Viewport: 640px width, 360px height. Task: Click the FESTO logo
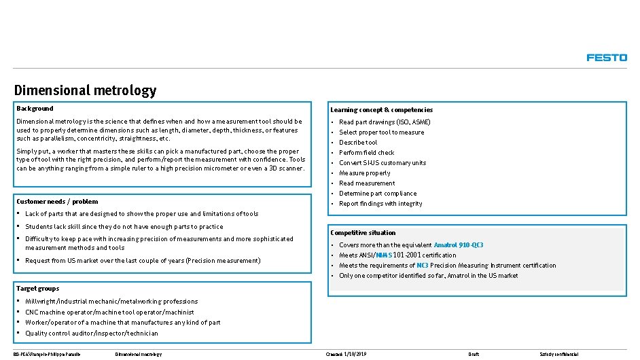pos(607,58)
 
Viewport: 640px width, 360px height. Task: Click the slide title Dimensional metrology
pos(85,90)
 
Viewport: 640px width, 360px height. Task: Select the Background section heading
pos(35,109)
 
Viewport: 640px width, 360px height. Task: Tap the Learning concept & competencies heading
pos(381,110)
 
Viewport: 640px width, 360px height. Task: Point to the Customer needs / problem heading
pos(57,202)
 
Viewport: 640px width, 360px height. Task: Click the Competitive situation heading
pos(363,233)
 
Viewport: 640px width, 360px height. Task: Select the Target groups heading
pos(37,289)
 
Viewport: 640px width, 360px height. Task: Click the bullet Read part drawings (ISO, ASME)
pos(385,122)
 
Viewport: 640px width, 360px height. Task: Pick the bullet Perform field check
pos(366,153)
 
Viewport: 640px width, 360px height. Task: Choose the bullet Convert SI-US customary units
pos(383,163)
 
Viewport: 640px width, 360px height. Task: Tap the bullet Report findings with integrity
pos(380,204)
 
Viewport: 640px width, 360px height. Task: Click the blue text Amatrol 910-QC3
pos(459,245)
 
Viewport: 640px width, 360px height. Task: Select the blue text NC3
pos(422,266)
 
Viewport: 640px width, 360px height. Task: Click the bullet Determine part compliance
pos(378,194)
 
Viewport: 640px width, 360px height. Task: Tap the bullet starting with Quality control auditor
pos(91,334)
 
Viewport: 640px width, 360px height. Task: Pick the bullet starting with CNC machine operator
pos(109,312)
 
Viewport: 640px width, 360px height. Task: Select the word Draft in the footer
pos(474,355)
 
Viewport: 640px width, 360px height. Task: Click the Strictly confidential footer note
pos(558,355)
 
